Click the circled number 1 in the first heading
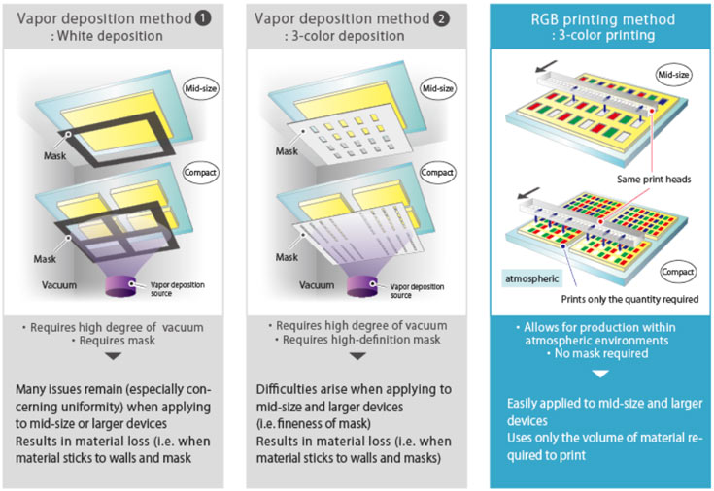210,17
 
